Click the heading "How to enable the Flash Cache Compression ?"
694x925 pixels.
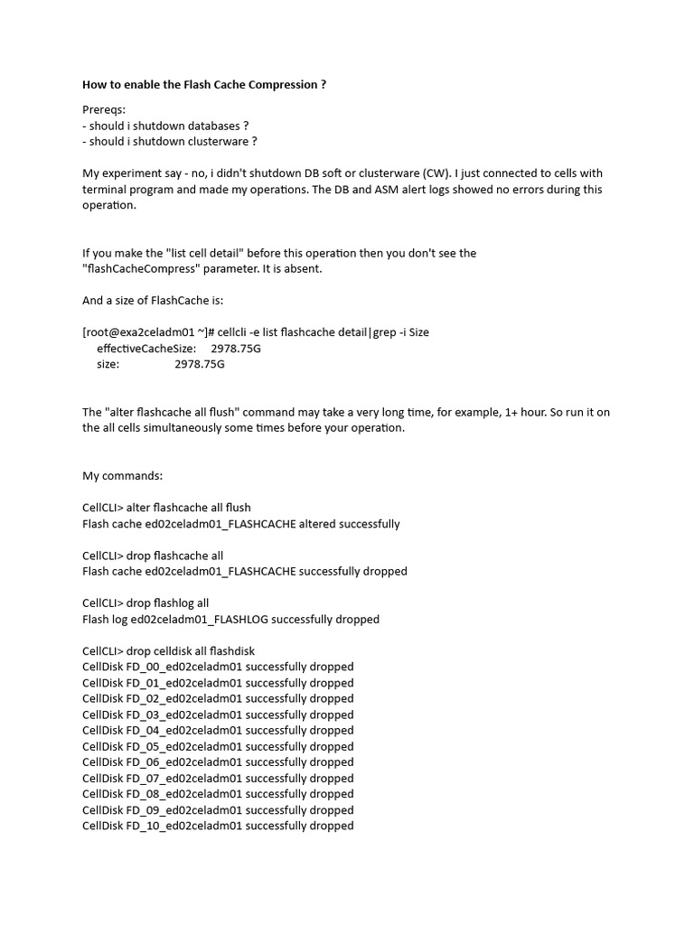204,85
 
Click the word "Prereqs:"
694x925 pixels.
104,109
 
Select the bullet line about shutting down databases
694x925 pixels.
165,126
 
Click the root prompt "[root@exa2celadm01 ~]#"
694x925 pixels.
147,332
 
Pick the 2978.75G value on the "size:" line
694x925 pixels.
200,364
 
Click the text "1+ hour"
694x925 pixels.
524,413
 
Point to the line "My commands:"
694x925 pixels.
122,476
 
